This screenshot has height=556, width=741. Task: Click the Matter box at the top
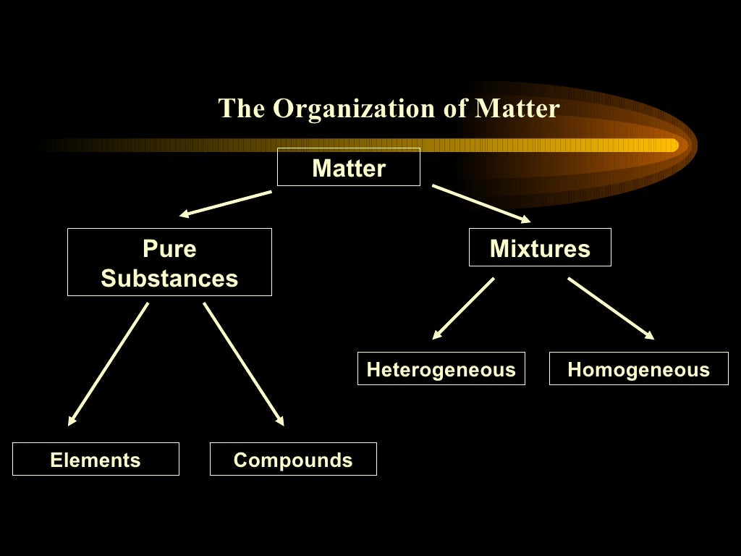348,167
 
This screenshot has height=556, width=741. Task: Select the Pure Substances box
169,262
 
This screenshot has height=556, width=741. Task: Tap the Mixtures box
540,248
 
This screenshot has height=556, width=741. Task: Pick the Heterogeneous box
441,369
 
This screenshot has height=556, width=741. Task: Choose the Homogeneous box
638,369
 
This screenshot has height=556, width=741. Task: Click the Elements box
96,459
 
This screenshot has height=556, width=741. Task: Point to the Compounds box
293,459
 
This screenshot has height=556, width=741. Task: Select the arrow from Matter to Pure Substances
226,203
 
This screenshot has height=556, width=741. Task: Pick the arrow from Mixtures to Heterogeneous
463,308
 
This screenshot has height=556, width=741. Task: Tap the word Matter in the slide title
517,109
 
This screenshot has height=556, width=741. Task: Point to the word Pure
169,249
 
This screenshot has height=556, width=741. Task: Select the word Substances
169,278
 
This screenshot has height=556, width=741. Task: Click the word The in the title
242,109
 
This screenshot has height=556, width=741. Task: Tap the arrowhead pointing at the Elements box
72,419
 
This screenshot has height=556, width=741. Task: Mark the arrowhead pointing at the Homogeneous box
649,335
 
